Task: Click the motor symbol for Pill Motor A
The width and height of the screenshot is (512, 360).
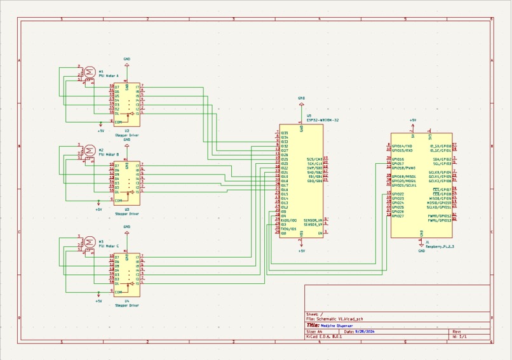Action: click(x=90, y=72)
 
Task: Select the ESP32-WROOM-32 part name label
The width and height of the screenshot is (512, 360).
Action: click(x=323, y=119)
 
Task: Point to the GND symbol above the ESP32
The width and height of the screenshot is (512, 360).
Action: click(x=301, y=99)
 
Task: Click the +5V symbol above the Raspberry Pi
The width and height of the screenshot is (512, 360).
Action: click(x=413, y=121)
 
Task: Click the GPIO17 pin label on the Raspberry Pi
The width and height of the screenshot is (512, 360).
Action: click(x=398, y=164)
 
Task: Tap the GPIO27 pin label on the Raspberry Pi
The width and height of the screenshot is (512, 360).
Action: click(x=398, y=216)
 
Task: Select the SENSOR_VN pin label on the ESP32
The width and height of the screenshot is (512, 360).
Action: click(x=313, y=220)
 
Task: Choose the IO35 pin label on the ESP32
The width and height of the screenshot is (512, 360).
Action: click(x=285, y=133)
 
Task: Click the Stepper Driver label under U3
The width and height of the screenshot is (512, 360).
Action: click(x=127, y=214)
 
